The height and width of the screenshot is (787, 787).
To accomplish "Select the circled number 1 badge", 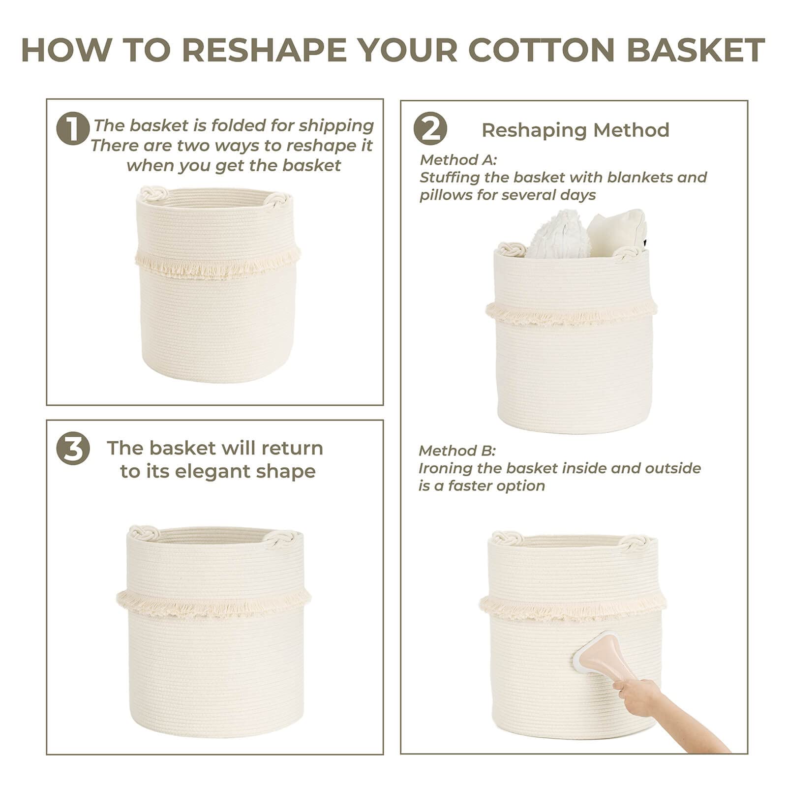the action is click(73, 129).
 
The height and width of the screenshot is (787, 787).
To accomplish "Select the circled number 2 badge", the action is click(430, 129).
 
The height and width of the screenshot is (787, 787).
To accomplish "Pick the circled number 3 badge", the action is click(73, 449).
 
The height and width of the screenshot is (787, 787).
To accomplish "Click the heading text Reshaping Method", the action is click(575, 130).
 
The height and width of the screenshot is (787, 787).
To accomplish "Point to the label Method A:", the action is click(458, 160).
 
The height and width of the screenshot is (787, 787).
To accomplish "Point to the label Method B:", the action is click(457, 451).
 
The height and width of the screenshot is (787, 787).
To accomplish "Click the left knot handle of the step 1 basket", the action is click(151, 192).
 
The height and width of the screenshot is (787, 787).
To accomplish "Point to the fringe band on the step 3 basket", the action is click(214, 604).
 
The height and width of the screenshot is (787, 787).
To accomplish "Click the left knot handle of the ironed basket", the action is click(507, 538).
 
